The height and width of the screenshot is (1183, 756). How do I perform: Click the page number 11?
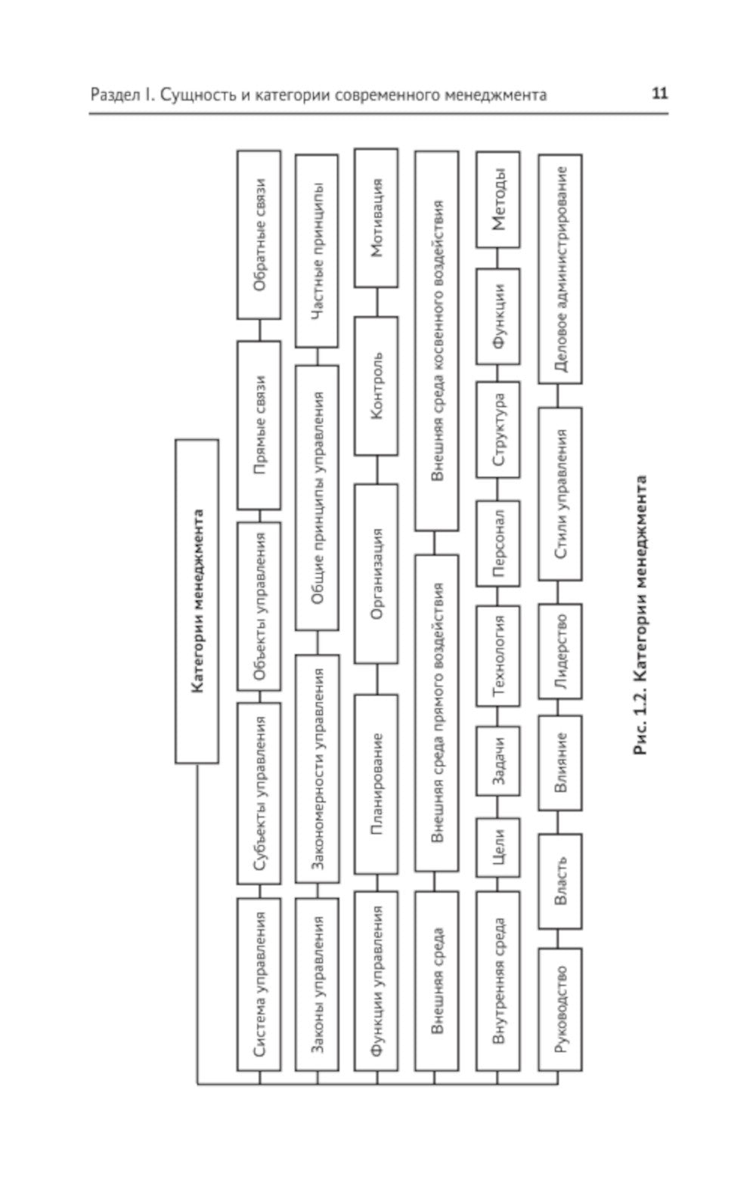(x=659, y=94)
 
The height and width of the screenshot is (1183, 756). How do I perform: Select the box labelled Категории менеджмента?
(x=197, y=601)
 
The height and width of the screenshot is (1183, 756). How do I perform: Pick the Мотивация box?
(x=376, y=218)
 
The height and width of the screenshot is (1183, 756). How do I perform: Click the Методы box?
(x=497, y=200)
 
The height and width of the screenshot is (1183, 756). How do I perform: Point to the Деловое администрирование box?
(x=559, y=268)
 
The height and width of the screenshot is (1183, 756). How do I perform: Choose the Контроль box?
(x=376, y=386)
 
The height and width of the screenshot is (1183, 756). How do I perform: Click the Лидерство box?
(x=559, y=652)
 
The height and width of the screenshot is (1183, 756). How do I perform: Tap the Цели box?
(x=497, y=847)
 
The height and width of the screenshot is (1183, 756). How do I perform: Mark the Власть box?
(x=559, y=881)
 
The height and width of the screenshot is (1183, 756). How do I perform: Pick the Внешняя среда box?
(x=435, y=980)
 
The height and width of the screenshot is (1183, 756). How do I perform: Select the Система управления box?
(x=259, y=983)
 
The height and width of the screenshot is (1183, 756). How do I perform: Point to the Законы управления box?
(x=317, y=983)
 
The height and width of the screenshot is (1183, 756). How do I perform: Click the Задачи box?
(x=497, y=761)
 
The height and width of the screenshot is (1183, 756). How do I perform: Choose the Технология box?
(x=497, y=655)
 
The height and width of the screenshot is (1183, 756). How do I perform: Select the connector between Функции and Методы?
(x=497, y=258)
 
